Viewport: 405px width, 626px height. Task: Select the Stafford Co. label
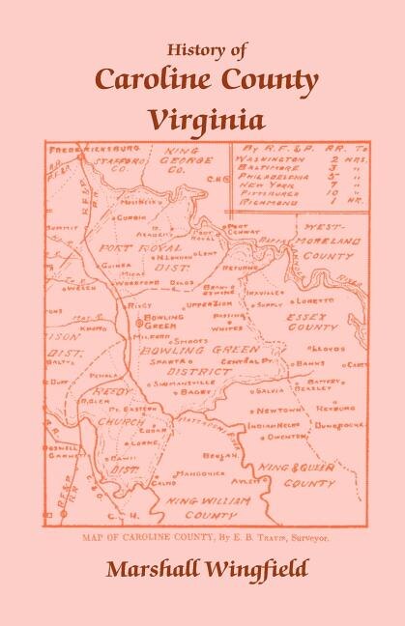point(116,158)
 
